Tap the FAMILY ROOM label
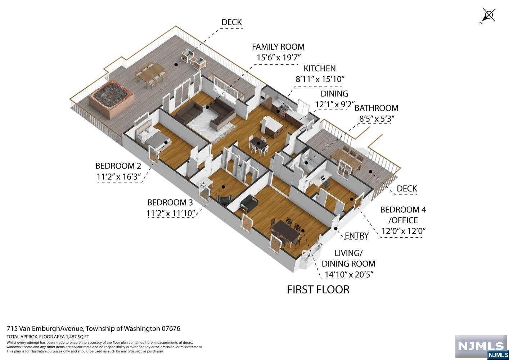tap(278, 47)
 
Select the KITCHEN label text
tap(319, 68)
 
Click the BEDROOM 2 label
tap(118, 166)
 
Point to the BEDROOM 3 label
tap(170, 202)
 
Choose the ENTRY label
tap(356, 236)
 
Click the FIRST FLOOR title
tap(318, 289)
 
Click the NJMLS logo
tap(481, 347)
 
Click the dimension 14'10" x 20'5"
tap(348, 275)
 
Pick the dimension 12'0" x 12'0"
tap(403, 231)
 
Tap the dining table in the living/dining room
tap(287, 232)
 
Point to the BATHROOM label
tap(377, 108)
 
